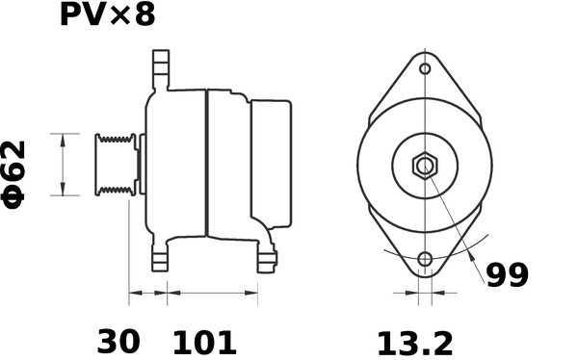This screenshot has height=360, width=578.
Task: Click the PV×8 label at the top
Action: coord(106,16)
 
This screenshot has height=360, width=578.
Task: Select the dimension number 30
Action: coord(118,341)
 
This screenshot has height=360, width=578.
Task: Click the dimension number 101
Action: coord(203,341)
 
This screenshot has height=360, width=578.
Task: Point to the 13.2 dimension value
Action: coord(413,341)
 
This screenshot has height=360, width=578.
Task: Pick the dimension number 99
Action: coord(507,275)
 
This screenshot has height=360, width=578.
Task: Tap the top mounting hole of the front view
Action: coord(425,69)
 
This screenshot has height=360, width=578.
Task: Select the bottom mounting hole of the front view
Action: coord(425,259)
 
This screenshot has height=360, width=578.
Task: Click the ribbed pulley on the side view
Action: coord(114,165)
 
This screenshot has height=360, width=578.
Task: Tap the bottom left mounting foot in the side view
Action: coord(160,255)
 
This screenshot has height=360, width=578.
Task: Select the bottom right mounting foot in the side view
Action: coord(266,256)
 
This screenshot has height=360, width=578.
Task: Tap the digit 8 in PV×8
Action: coord(143,16)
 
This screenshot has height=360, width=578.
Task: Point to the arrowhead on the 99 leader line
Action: coord(470,258)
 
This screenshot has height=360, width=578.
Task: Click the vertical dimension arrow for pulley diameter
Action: coord(64,165)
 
